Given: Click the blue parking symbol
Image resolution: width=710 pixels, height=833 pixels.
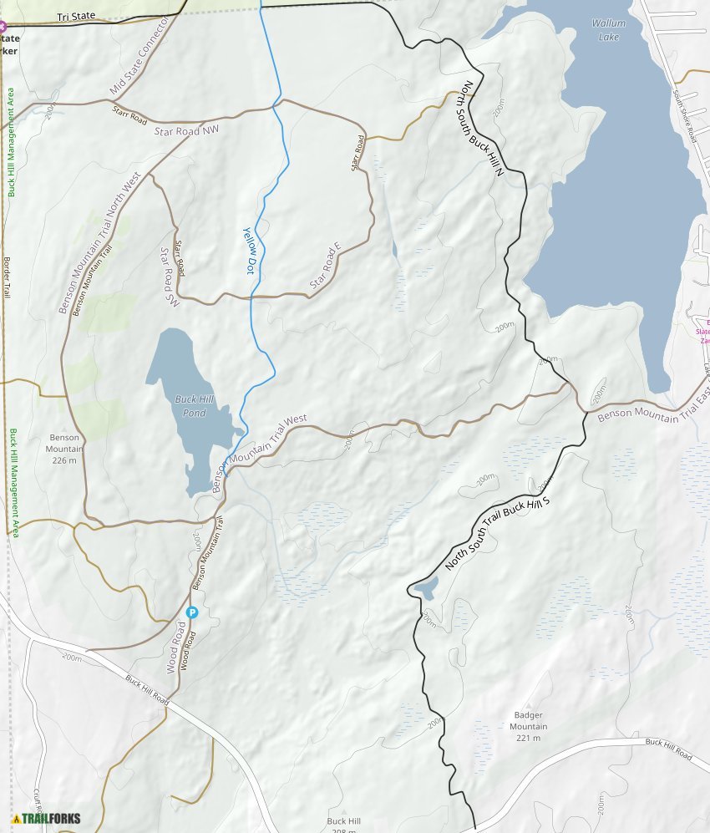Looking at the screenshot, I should (x=191, y=612).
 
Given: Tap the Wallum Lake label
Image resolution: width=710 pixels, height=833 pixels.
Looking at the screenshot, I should (x=608, y=30).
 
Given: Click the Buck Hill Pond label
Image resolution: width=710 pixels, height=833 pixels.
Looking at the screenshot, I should (x=195, y=405).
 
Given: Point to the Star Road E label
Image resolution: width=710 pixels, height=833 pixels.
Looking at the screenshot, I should (x=326, y=267).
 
